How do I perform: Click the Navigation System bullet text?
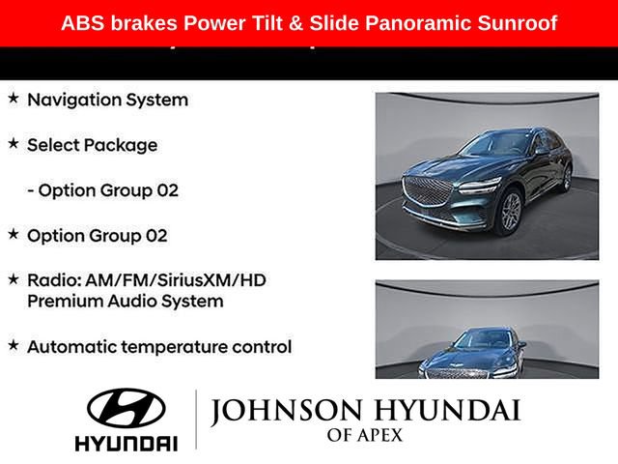click(107, 100)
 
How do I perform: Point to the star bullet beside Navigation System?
click(14, 99)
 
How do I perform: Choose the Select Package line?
click(92, 145)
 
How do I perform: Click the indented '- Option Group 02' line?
click(102, 190)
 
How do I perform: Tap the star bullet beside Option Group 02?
click(14, 234)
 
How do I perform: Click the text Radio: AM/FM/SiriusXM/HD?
click(146, 279)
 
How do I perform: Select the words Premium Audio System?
click(125, 301)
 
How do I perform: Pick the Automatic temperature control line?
click(159, 346)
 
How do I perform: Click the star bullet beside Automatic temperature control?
click(14, 345)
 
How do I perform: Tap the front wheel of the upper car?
click(511, 214)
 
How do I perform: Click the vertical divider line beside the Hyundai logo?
click(196, 420)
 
